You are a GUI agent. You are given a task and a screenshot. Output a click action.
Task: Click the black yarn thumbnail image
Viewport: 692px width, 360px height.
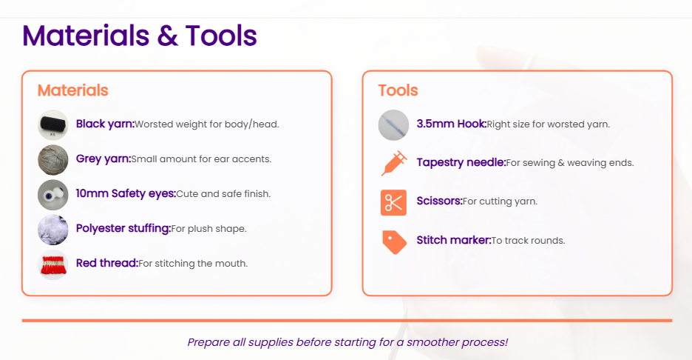coord(53,125)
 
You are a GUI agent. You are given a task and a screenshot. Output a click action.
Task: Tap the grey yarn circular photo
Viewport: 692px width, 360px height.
coord(53,160)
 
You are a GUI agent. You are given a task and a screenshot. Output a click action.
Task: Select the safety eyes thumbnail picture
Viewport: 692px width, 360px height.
coord(53,195)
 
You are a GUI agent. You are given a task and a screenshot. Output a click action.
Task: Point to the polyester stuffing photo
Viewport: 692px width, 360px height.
coord(53,230)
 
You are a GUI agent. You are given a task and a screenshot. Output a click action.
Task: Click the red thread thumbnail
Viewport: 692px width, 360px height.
coord(53,264)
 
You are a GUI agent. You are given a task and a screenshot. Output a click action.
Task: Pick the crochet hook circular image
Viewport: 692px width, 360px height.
coord(393,125)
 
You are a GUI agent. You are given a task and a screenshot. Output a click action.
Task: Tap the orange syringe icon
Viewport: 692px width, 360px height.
coord(393,163)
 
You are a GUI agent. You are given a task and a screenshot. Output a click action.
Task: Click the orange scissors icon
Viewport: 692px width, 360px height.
coord(393,202)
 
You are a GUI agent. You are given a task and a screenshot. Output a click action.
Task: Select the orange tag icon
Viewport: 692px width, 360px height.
coord(394,242)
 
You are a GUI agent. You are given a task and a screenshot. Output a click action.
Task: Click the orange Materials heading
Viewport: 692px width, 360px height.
coord(72,90)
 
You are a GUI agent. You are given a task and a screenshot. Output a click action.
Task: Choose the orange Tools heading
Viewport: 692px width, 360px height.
coord(398,90)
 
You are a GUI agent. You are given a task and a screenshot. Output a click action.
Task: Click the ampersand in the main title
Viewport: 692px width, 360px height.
coord(167,36)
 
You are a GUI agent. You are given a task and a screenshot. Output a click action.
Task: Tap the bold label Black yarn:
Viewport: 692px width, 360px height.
coord(105,124)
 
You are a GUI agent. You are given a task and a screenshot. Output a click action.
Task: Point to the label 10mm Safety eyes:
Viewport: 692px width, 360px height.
coord(126,194)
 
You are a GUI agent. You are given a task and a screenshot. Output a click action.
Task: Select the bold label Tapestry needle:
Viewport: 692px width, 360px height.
coord(461,163)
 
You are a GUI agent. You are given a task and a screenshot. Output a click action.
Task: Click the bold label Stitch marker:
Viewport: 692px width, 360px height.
coord(454,240)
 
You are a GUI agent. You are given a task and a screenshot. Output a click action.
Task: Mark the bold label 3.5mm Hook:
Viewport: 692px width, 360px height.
coord(452,124)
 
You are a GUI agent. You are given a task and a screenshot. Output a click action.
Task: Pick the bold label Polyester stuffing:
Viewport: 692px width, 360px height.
coord(123,229)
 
